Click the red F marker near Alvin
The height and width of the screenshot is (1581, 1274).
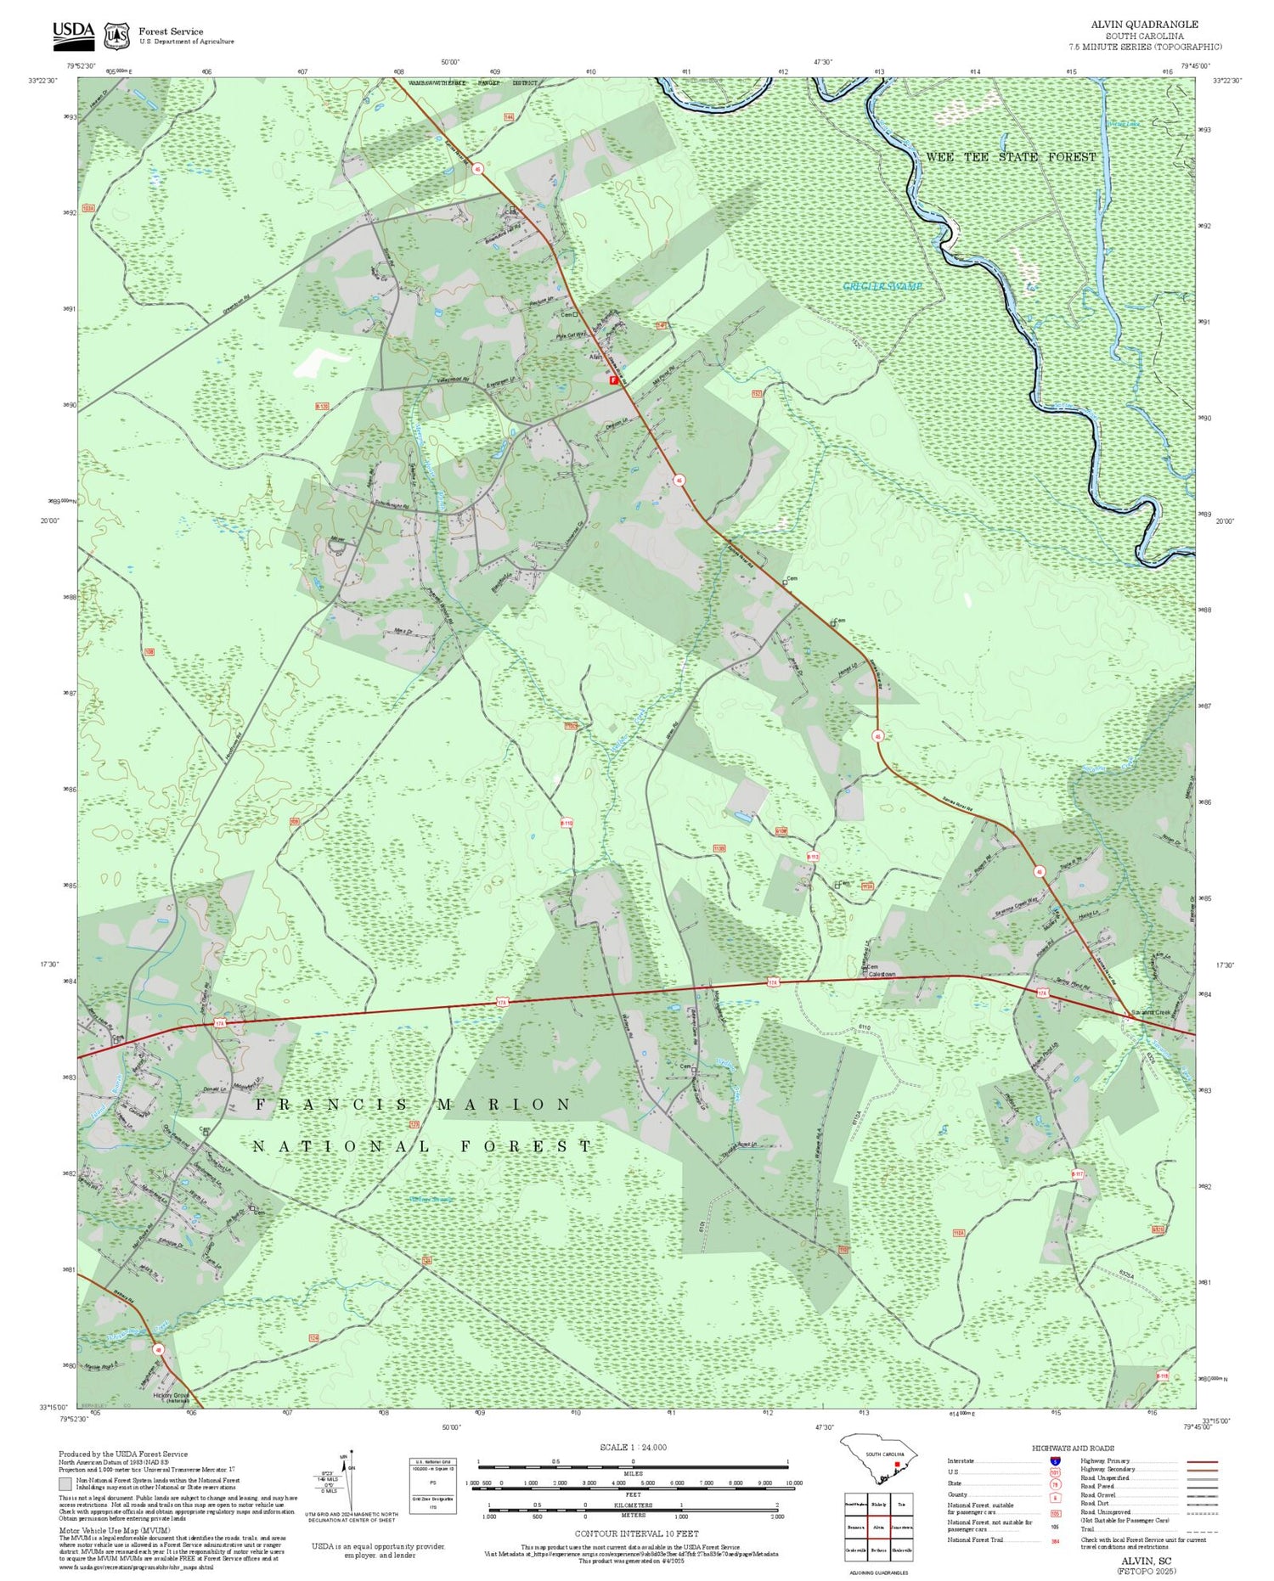click(613, 380)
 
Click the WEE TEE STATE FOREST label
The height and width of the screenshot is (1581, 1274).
click(1010, 157)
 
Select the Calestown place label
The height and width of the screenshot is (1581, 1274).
click(881, 974)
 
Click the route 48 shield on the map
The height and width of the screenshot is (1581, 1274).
click(158, 1348)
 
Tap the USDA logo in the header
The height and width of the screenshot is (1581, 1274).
click(73, 32)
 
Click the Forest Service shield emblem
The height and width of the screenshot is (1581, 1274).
click(116, 36)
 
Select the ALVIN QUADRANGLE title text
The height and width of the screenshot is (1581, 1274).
click(1144, 25)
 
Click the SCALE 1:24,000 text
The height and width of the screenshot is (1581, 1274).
click(633, 1447)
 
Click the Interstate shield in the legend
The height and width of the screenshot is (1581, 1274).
click(1054, 1461)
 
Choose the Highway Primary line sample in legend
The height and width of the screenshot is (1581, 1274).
click(1198, 1462)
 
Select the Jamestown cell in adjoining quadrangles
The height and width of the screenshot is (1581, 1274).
click(901, 1526)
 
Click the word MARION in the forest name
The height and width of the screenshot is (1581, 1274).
click(505, 1105)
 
